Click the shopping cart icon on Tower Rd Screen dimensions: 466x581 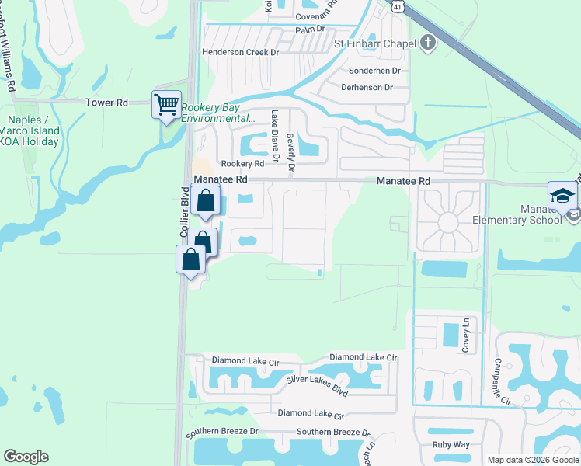[166, 105]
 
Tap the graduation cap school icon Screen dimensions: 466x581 [562, 196]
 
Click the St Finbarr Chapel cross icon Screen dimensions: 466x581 [427, 43]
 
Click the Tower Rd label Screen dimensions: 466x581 [106, 103]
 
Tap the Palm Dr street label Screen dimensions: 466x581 [308, 30]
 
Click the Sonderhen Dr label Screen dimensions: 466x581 [374, 70]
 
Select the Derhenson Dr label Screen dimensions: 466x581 [367, 88]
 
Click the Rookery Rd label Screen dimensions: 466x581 [242, 164]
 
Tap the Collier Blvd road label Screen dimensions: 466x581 [185, 212]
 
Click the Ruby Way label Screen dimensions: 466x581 [451, 445]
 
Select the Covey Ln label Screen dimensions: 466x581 [466, 335]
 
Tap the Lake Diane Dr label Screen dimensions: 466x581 [275, 137]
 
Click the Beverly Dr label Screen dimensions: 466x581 [290, 151]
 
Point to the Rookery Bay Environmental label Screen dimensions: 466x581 [217, 113]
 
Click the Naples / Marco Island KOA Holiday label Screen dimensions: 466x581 [33, 130]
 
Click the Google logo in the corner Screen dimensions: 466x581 [26, 457]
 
